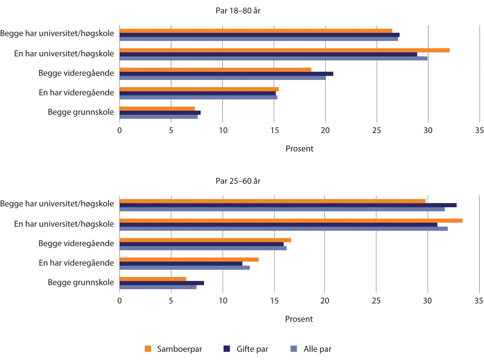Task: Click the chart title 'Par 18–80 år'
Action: pos(238,10)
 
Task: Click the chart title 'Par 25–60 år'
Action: pos(238,181)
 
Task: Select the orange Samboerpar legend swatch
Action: pos(148,349)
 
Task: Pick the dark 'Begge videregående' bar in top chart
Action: pos(226,74)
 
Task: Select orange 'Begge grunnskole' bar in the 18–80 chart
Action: pos(157,108)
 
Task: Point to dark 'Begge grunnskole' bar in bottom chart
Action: pos(162,283)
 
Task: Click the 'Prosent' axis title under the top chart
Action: pos(299,149)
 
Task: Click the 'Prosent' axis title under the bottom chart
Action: pos(299,319)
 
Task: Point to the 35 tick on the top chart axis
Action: pos(479,131)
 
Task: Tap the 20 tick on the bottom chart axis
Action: pos(325,301)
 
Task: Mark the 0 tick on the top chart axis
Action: pos(120,131)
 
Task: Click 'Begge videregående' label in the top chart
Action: pos(76,73)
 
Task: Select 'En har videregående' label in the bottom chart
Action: pos(76,263)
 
